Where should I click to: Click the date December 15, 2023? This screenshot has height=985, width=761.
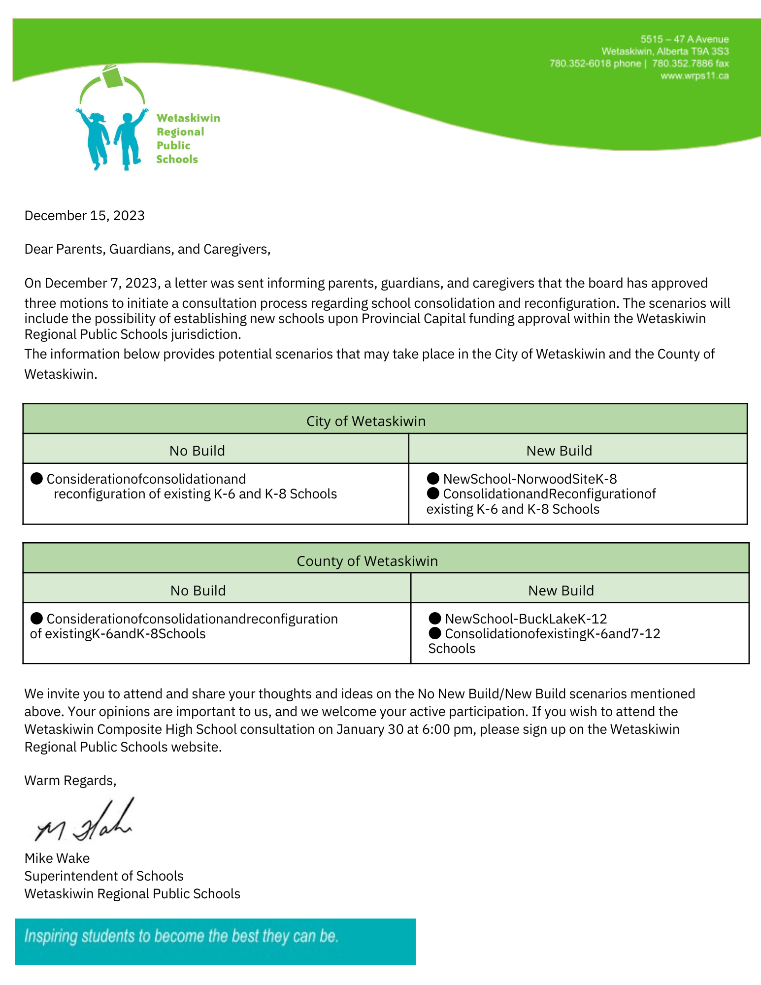(84, 216)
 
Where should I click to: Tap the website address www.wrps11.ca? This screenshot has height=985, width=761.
(695, 76)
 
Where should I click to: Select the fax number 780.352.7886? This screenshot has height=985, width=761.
(683, 64)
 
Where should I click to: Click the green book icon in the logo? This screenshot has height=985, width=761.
(113, 76)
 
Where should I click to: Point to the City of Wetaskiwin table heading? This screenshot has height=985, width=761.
(365, 421)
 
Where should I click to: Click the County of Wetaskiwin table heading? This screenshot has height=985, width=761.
(367, 561)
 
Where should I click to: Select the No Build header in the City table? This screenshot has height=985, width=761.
(197, 451)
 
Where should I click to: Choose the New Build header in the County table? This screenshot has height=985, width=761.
(561, 591)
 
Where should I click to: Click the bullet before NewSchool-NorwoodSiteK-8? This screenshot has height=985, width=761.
(433, 478)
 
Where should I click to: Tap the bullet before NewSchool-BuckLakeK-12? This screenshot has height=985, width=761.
(434, 618)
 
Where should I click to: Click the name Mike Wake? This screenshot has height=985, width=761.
(57, 858)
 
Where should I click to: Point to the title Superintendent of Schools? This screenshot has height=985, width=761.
(104, 876)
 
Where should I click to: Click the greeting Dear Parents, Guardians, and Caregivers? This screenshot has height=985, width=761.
(147, 249)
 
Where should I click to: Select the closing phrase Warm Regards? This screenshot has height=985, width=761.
(70, 780)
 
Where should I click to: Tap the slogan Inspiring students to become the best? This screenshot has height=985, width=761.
(181, 936)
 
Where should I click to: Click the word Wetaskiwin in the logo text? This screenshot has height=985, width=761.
(188, 118)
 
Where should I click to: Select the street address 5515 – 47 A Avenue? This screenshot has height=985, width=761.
(684, 39)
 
